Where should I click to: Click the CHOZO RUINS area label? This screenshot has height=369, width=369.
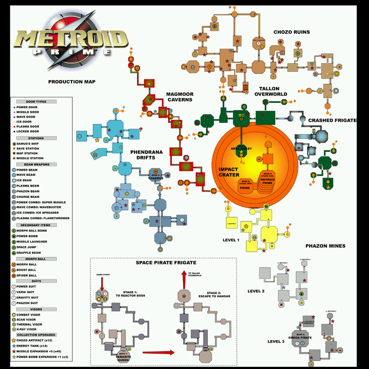[x=292, y=32]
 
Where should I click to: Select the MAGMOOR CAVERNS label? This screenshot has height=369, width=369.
[x=179, y=97]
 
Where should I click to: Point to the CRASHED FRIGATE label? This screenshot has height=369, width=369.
[x=332, y=120]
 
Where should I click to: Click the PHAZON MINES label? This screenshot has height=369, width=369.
[x=325, y=246]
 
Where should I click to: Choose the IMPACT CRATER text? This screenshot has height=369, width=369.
[x=229, y=172]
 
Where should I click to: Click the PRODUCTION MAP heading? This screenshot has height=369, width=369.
[x=72, y=82]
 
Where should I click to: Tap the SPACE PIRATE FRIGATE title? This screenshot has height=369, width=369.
[x=166, y=263]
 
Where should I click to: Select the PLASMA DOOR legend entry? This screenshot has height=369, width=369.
[x=28, y=127]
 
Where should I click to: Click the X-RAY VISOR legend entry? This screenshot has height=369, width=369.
[x=26, y=329]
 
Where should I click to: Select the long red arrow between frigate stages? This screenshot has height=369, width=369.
[x=158, y=353]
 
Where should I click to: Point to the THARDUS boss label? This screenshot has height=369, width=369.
[x=155, y=176]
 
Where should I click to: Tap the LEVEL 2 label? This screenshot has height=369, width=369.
[x=256, y=291]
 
